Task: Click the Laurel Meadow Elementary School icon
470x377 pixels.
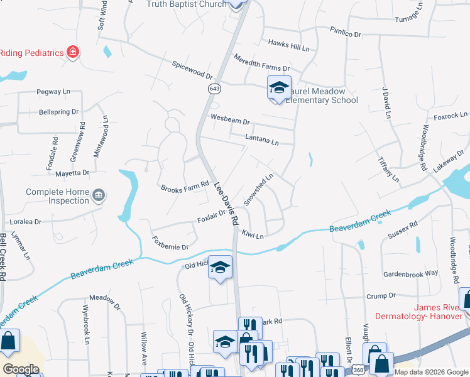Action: (279, 87)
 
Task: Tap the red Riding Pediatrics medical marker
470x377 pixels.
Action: (73, 52)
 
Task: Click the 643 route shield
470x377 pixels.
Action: (215, 89)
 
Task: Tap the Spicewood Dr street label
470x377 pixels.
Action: (192, 70)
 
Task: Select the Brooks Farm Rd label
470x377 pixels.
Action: (184, 187)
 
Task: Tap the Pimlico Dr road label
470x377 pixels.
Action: (346, 31)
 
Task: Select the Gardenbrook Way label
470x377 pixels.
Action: (410, 273)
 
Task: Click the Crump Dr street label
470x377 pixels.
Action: (380, 295)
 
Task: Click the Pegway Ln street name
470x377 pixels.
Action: (53, 92)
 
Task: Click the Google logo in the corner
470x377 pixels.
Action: (21, 369)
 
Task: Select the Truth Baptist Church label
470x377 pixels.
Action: (186, 4)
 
